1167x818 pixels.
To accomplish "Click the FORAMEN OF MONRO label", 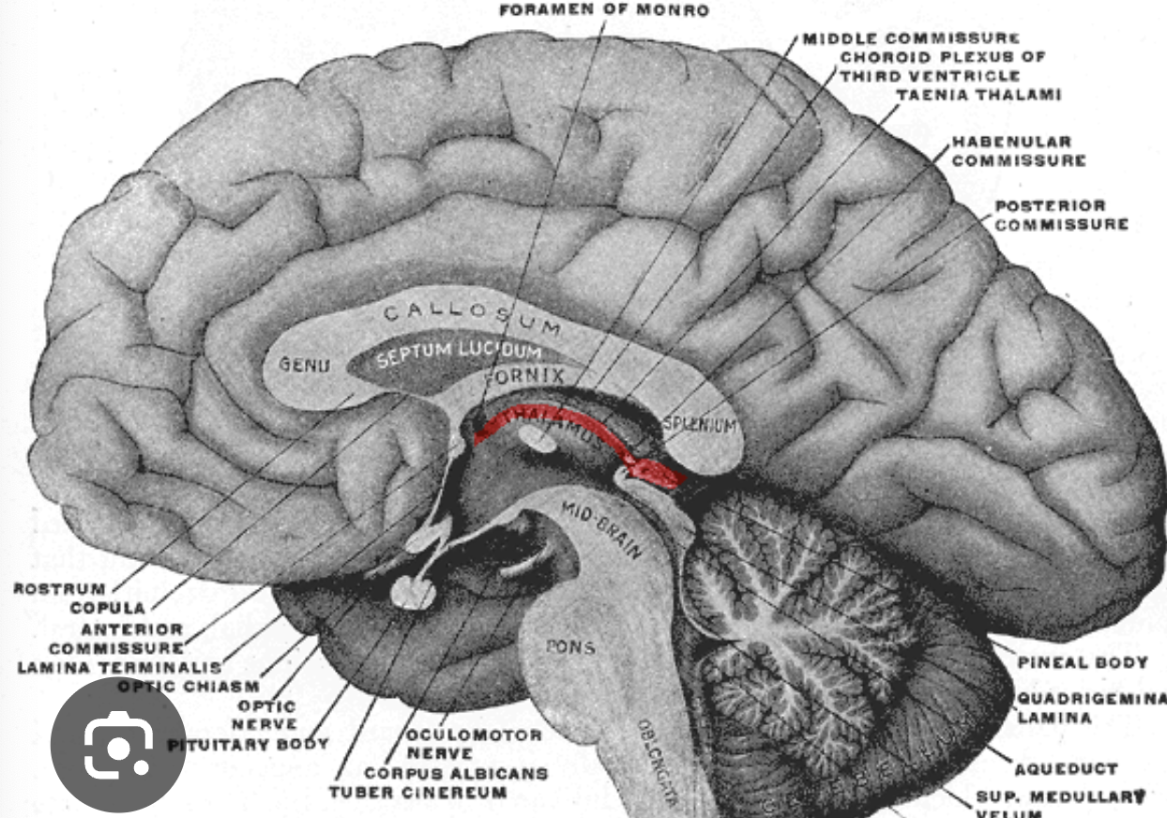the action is click(603, 12).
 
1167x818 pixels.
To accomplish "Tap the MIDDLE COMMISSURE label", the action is click(911, 38).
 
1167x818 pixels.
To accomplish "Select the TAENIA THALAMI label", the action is click(978, 95).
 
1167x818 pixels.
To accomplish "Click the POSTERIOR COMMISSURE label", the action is click(1061, 215).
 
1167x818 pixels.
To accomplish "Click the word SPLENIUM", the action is click(700, 426).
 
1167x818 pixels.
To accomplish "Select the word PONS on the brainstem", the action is click(570, 647).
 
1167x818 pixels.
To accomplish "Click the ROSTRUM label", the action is click(46, 589).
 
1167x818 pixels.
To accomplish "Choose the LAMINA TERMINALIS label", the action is click(119, 668).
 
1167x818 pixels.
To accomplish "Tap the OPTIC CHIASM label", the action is click(188, 687).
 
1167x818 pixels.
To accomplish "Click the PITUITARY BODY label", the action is click(248, 745).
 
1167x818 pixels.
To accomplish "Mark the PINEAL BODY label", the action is click(1082, 662).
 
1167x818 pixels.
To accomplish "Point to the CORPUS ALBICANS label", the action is click(455, 773).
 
